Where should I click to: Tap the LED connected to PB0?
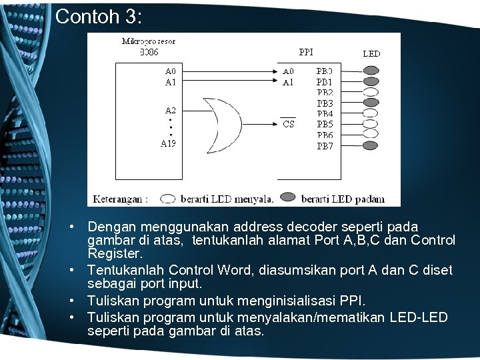coord(372,70)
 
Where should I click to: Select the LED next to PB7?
coord(372,145)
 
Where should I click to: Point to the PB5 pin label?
coord(325,124)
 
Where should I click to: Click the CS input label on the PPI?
coord(289,124)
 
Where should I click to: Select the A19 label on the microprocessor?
coord(169,143)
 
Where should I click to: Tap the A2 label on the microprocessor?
coord(171,110)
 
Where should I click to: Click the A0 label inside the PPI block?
coord(289,71)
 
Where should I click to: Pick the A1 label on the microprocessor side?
coord(171,82)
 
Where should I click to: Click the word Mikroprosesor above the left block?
coord(149,41)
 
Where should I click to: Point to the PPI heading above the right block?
coord(306,51)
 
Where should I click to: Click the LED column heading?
coord(371,53)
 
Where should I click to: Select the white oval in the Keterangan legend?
coord(169,198)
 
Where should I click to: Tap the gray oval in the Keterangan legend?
coord(288,198)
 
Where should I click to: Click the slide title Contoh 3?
coord(99,16)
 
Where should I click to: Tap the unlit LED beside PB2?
coord(372,92)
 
